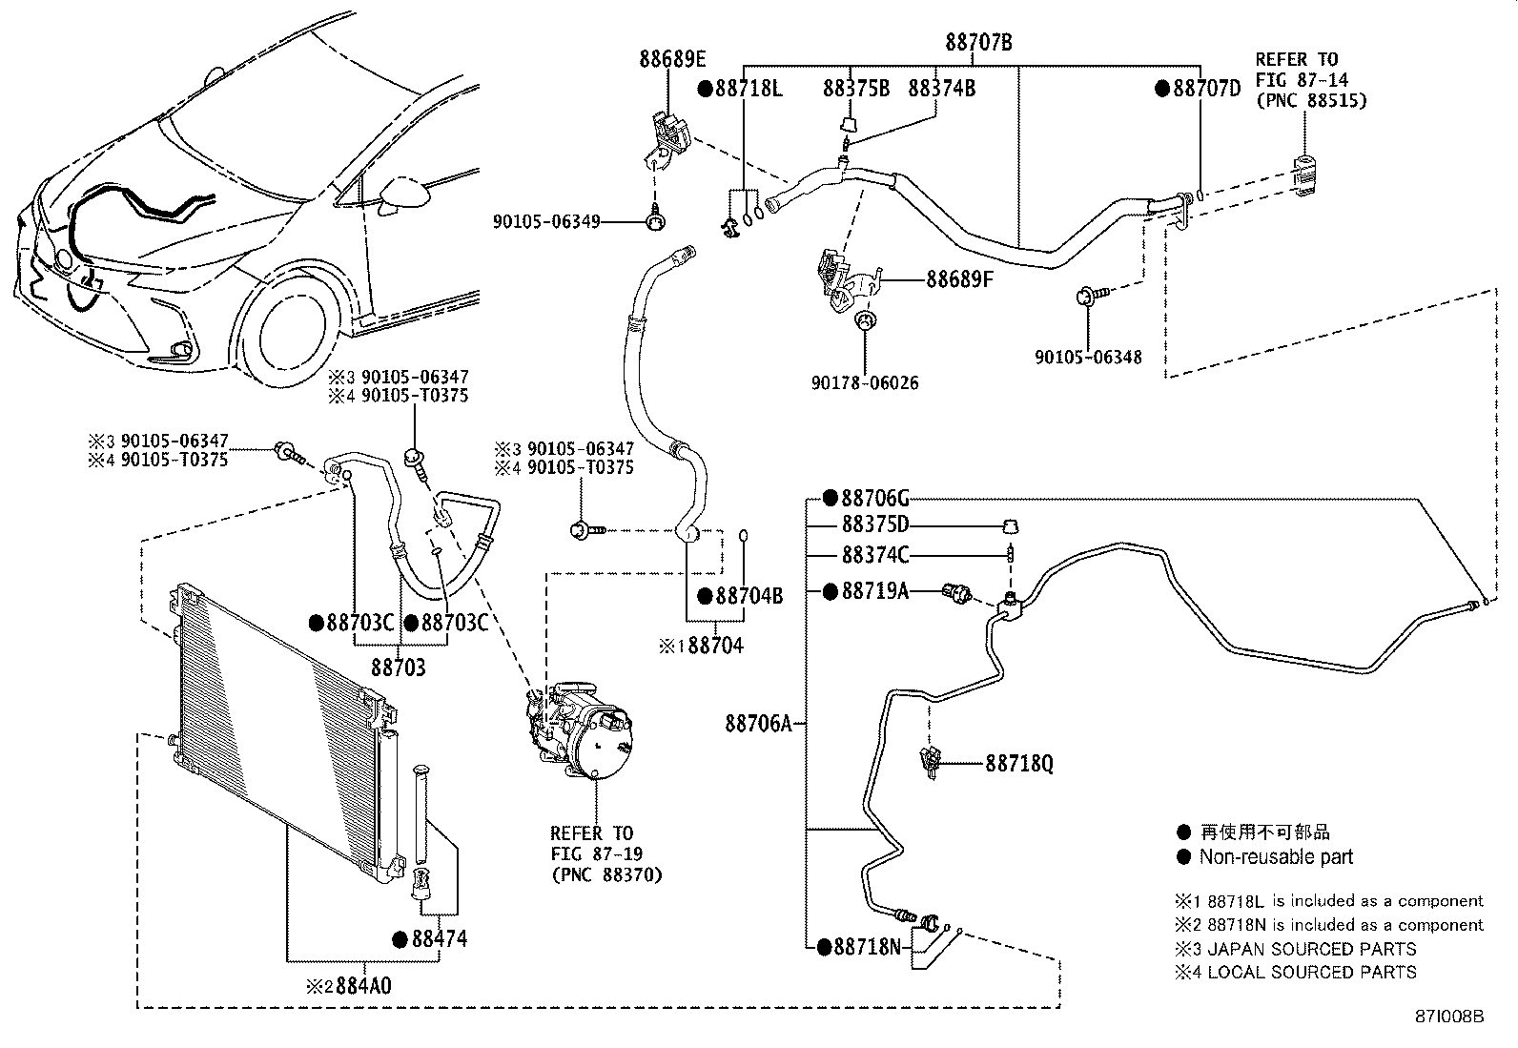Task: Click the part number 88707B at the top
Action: tap(978, 43)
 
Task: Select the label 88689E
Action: tap(672, 60)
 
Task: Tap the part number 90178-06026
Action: tap(865, 383)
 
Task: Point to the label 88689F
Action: tap(960, 280)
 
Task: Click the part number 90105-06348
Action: tap(1088, 358)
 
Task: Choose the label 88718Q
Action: tap(1019, 764)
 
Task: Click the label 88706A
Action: tap(759, 724)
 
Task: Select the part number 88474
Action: tap(440, 939)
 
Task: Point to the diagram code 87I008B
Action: tap(1449, 1016)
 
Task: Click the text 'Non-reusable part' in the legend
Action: tap(1276, 856)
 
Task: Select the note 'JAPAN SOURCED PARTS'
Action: tap(1311, 949)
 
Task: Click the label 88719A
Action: tap(874, 591)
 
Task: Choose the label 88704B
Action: tap(749, 596)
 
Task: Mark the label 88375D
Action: tap(874, 525)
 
